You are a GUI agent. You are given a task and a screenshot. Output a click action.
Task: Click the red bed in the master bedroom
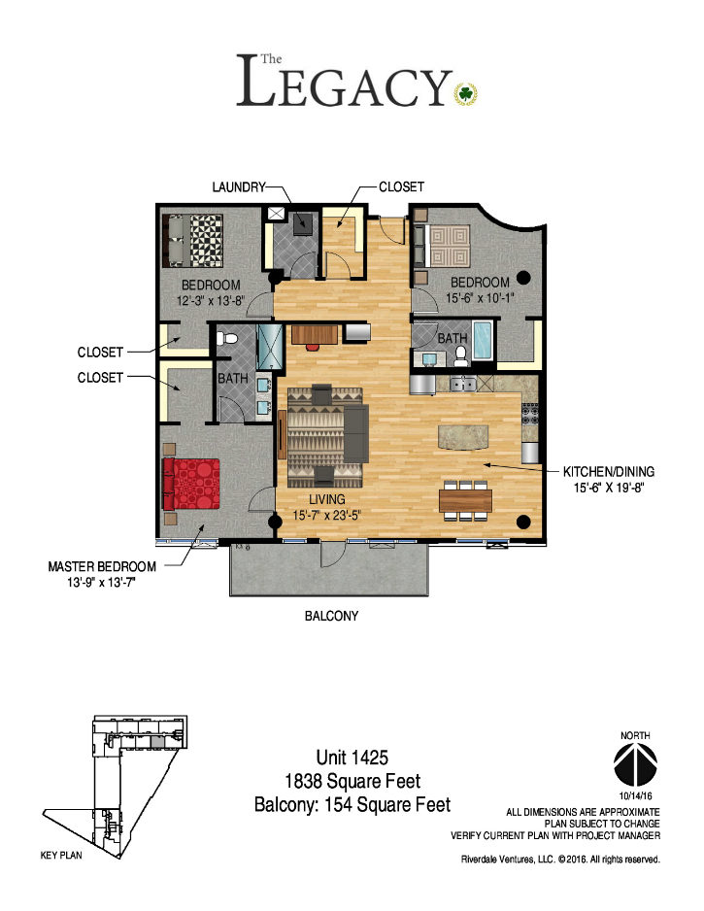point(191,484)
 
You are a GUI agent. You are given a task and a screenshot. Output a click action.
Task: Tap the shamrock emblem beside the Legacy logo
point(465,93)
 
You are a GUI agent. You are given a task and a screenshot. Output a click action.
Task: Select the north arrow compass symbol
point(635,764)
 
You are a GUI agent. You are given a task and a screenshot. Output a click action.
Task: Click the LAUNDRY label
point(239,187)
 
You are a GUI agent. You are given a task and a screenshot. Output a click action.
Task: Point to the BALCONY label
point(332,616)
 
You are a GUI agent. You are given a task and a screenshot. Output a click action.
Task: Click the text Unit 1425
point(352,757)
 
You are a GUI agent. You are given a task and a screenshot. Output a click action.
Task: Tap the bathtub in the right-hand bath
point(482,340)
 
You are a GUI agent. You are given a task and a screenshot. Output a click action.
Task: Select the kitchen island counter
point(463,436)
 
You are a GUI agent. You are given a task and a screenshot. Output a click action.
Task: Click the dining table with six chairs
point(465,500)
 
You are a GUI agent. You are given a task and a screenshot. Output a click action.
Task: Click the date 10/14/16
point(635,796)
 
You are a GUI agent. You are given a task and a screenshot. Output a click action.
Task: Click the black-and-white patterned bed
point(193,241)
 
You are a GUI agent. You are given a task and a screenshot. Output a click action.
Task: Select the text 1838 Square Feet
point(352,781)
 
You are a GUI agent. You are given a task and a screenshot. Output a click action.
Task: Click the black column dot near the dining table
point(523,522)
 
